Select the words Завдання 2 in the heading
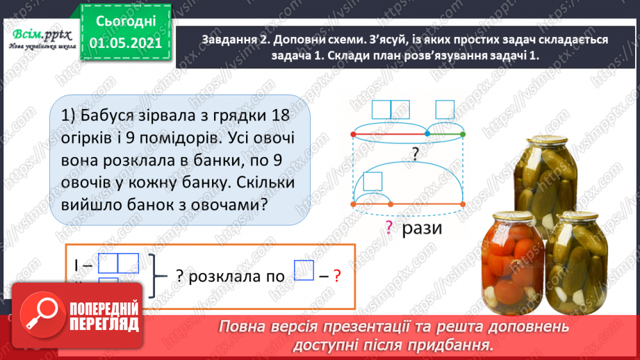click(x=233, y=40)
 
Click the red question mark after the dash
click(x=337, y=275)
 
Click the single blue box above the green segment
click(x=445, y=110)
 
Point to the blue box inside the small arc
click(x=374, y=181)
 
